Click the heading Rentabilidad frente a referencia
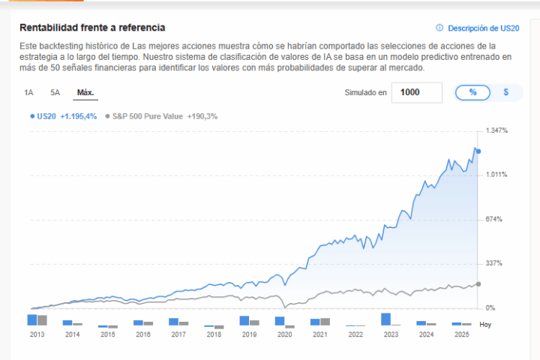(x=93, y=28)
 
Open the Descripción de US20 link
(x=483, y=28)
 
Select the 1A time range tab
(x=28, y=93)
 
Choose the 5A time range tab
(x=55, y=93)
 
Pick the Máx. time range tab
(x=85, y=93)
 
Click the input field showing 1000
(x=415, y=92)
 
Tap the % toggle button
(x=472, y=92)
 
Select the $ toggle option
(x=506, y=92)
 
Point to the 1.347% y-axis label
(x=497, y=131)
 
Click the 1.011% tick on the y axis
(x=497, y=175)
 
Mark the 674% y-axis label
(x=494, y=219)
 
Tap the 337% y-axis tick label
(x=494, y=263)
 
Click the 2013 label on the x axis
(x=37, y=334)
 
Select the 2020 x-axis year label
(x=285, y=334)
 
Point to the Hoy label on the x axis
(x=486, y=325)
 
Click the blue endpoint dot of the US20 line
(x=478, y=151)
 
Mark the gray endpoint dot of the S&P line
(x=478, y=283)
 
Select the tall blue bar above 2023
(x=386, y=319)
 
